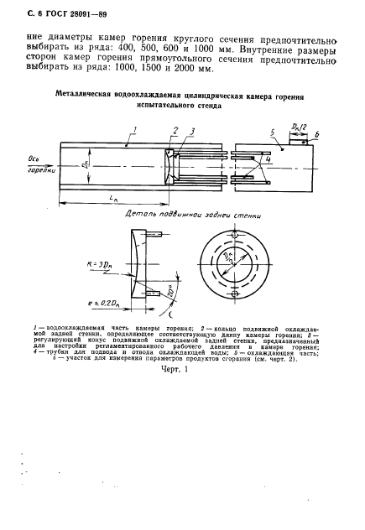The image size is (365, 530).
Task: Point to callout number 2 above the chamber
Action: pyautogui.click(x=174, y=128)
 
